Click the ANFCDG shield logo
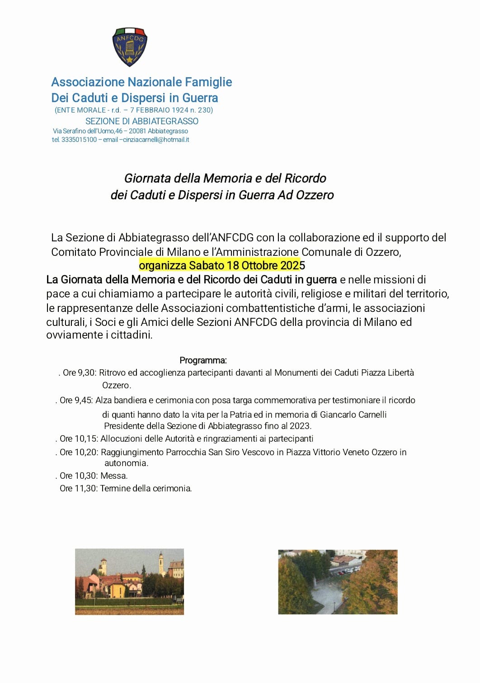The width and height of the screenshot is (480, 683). (130, 47)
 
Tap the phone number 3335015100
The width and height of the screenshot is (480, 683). (79, 140)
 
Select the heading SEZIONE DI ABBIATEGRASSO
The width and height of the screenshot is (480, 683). (142, 121)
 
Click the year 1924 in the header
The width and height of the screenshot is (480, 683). (179, 110)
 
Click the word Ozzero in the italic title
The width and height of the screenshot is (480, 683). (315, 195)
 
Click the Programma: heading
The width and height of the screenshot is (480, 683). (203, 360)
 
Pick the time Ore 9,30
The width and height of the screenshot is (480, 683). (79, 373)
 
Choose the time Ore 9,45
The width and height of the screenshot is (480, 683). (76, 400)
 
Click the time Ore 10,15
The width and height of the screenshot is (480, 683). (78, 439)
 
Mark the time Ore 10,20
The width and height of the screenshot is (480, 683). (78, 452)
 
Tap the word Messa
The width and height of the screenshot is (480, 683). (114, 476)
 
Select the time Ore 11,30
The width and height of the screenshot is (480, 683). (78, 489)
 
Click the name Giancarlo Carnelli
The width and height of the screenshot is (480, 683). (353, 415)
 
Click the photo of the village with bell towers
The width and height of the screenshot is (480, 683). (129, 581)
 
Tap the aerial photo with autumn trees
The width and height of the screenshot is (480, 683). (338, 582)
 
